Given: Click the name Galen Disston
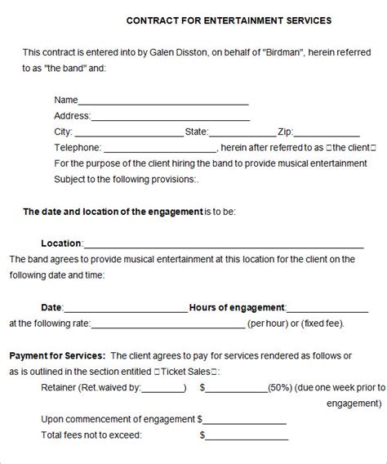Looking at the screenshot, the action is point(176,51).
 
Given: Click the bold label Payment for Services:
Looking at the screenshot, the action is point(56,356).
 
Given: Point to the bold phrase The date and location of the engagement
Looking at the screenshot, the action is point(113,212).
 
